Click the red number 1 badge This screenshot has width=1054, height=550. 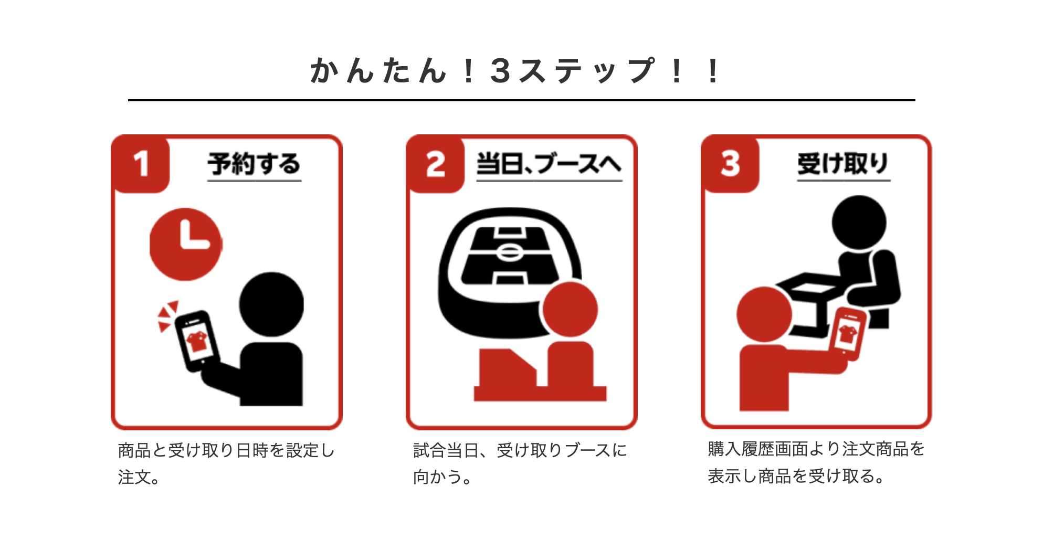pyautogui.click(x=141, y=164)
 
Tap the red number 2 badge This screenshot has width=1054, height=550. pyautogui.click(x=436, y=164)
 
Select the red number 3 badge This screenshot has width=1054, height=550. pyautogui.click(x=731, y=164)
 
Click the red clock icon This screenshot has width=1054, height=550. pyautogui.click(x=186, y=245)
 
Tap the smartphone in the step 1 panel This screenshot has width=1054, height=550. pyautogui.click(x=197, y=340)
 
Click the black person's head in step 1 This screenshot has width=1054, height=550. pyautogui.click(x=271, y=304)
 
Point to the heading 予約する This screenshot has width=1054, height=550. pyautogui.click(x=254, y=164)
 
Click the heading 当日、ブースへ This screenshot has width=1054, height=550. pyautogui.click(x=549, y=164)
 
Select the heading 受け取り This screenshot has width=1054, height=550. pyautogui.click(x=843, y=164)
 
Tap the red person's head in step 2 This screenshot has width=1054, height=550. pyautogui.click(x=570, y=309)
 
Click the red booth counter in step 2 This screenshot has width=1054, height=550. pyautogui.click(x=540, y=375)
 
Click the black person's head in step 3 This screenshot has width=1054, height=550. pyautogui.click(x=859, y=223)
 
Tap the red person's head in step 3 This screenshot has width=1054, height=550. pyautogui.click(x=764, y=314)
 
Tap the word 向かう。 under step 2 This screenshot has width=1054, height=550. pyautogui.click(x=442, y=477)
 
